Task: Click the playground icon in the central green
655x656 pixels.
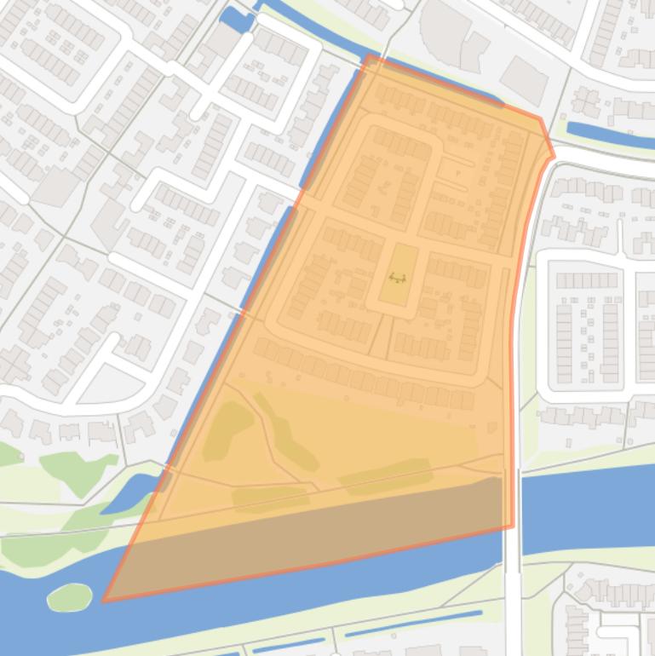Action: [x=397, y=278]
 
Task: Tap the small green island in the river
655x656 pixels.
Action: [x=69, y=596]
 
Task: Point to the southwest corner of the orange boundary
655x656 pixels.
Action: [x=105, y=601]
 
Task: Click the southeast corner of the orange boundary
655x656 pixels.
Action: [x=513, y=527]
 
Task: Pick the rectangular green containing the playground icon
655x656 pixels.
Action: [x=398, y=274]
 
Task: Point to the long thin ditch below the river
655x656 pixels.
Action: [x=413, y=624]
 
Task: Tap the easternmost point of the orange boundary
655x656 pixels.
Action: [x=554, y=156]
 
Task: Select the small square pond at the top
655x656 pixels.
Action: [x=236, y=19]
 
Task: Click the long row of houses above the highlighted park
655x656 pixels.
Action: [x=366, y=375]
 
